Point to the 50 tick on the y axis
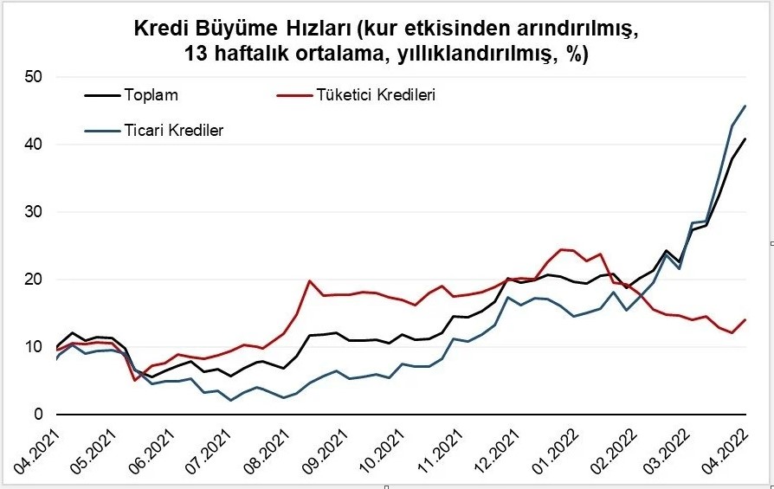[x=34, y=76]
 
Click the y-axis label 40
[x=34, y=144]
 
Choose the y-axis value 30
[x=34, y=211]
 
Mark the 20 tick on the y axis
[x=34, y=279]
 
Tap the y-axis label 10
[x=34, y=346]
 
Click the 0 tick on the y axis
[x=38, y=415]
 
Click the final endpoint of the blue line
[x=745, y=106]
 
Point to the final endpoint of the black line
[x=745, y=138]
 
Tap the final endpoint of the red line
[x=745, y=319]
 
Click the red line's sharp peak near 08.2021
[x=310, y=280]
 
